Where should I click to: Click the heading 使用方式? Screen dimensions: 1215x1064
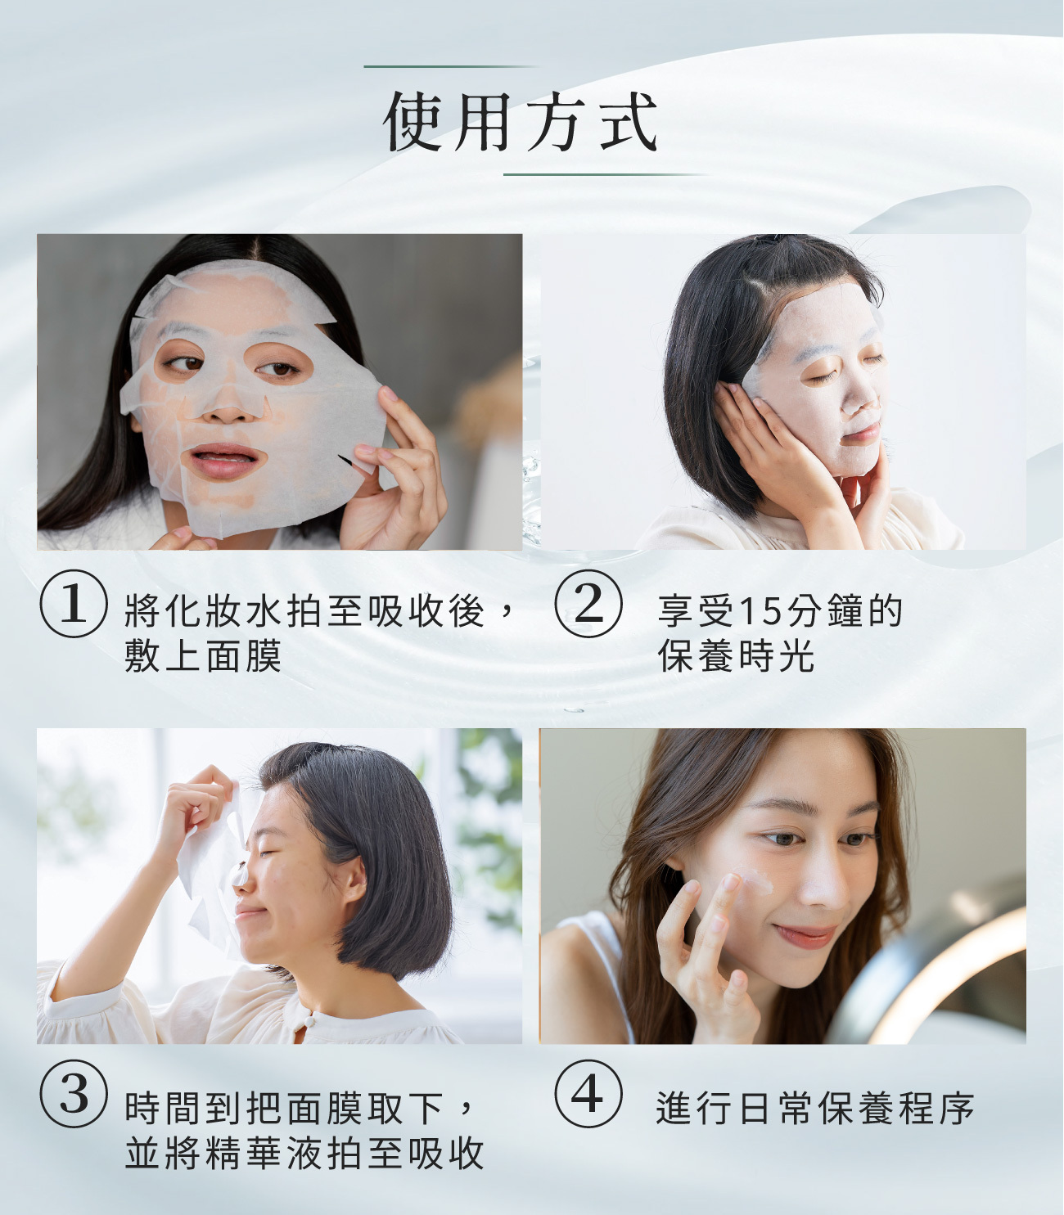[x=521, y=123]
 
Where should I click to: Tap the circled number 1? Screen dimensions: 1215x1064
[x=74, y=604]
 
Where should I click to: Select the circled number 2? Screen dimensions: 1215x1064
[x=588, y=604]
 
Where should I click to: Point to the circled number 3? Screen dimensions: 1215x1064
[x=74, y=1094]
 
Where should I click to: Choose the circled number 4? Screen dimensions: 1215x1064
[x=588, y=1094]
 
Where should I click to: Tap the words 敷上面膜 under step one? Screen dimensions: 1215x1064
[x=203, y=656]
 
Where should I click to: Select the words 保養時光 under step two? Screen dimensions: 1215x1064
[x=736, y=656]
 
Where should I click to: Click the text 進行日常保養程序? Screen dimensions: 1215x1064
[x=815, y=1109]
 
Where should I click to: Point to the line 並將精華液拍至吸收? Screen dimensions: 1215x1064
[x=304, y=1154]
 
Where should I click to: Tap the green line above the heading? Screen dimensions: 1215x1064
[x=452, y=66]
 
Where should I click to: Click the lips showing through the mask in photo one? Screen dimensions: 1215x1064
[x=223, y=461]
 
